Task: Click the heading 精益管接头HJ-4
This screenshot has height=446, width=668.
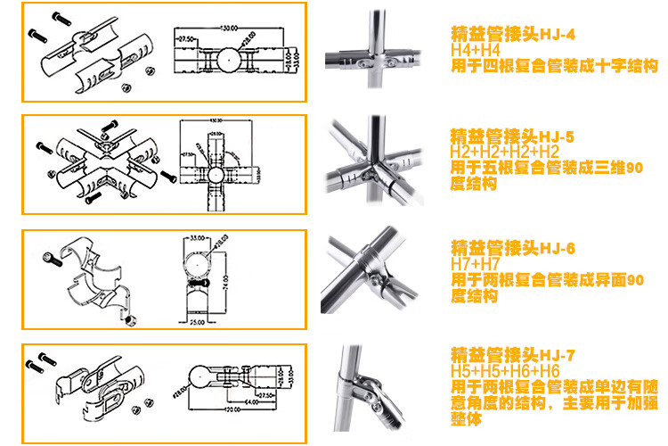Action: coord(514,37)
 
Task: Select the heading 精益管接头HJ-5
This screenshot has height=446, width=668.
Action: coord(514,137)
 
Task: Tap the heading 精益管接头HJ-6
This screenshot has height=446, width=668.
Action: coord(514,247)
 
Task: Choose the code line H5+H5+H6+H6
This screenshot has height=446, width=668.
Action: coord(505,369)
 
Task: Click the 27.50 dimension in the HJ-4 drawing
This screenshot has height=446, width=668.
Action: coord(186,40)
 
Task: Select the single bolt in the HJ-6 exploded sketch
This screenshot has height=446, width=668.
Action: coord(51,258)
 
